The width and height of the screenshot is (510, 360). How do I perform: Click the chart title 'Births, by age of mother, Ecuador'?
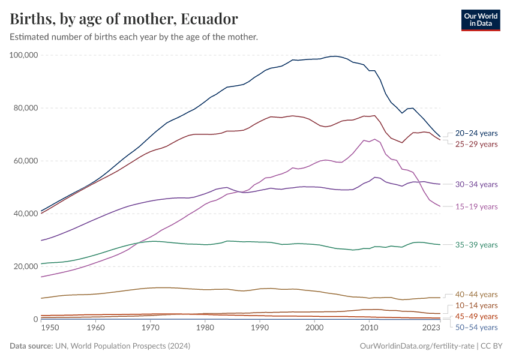pyautogui.click(x=124, y=19)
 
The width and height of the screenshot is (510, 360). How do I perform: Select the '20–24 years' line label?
pyautogui.click(x=476, y=133)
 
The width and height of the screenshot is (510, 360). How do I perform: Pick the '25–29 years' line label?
pyautogui.click(x=476, y=144)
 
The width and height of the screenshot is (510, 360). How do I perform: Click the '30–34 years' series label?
pyautogui.click(x=476, y=184)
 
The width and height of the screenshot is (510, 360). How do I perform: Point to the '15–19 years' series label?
pyautogui.click(x=476, y=206)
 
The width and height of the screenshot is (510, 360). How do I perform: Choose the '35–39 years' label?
pyautogui.click(x=476, y=245)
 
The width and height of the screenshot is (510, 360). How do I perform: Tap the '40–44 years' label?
pyautogui.click(x=476, y=295)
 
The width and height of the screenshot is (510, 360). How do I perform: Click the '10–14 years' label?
pyautogui.click(x=476, y=306)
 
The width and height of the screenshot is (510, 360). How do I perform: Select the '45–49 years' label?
pyautogui.click(x=476, y=316)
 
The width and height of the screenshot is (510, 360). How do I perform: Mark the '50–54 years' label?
pyautogui.click(x=476, y=327)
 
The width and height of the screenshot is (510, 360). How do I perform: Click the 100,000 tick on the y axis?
pyautogui.click(x=24, y=55)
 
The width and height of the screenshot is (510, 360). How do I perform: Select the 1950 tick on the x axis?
pyautogui.click(x=50, y=328)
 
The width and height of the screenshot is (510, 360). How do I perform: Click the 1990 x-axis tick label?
pyautogui.click(x=260, y=328)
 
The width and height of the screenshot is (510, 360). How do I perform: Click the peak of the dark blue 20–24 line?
pyautogui.click(x=335, y=56)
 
